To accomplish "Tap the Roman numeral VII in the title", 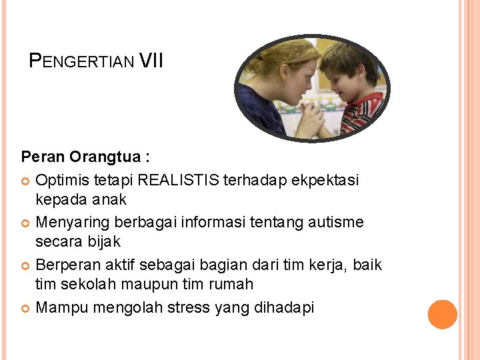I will [x=151, y=61].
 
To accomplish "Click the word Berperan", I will [x=66, y=265].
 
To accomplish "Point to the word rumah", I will [x=231, y=285].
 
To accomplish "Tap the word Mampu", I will [x=62, y=308].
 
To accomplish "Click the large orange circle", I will [x=443, y=314].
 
